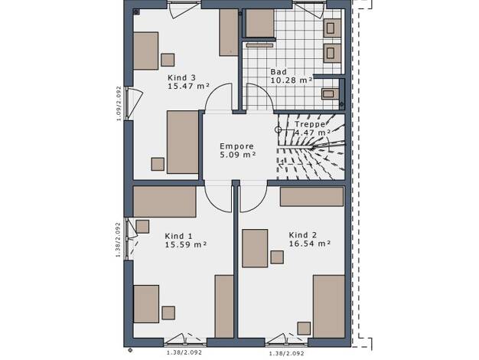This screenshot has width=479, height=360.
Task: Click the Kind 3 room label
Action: point(181,77)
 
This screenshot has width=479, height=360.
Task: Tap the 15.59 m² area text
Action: point(186,244)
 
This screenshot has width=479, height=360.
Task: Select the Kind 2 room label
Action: point(303,235)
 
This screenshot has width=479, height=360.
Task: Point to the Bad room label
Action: point(279,72)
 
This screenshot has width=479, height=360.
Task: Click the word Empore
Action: point(236,146)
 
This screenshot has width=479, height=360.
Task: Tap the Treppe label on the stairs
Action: point(310,124)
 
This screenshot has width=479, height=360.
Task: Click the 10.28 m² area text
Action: point(292,80)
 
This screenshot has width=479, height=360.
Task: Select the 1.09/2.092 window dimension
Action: point(119,103)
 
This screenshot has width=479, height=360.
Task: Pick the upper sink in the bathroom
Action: point(332,28)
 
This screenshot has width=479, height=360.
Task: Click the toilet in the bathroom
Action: point(330,94)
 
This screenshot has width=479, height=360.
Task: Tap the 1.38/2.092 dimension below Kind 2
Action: point(286,354)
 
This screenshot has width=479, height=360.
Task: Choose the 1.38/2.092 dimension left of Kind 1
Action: point(119,240)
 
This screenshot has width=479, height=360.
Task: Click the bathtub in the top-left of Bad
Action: point(259,23)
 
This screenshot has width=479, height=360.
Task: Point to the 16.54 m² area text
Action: point(310,244)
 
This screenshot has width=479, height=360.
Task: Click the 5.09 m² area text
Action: point(238,155)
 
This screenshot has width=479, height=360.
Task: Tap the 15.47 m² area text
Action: point(188,86)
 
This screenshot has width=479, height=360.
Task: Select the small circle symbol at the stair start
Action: point(278,129)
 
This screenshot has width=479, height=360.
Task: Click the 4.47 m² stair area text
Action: point(312,133)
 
